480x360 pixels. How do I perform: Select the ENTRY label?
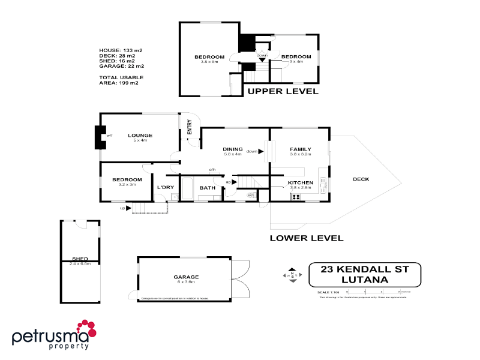click(190, 127)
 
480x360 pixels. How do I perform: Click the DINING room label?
click(232, 149)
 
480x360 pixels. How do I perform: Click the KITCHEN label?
click(301, 182)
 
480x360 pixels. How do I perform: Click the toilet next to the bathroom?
click(251, 194)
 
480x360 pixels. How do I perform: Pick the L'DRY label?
click(165, 188)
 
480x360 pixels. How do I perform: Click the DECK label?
click(361, 179)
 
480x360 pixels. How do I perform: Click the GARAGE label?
click(186, 277)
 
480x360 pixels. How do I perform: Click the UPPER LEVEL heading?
click(283, 92)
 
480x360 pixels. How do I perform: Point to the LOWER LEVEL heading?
click(306, 238)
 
